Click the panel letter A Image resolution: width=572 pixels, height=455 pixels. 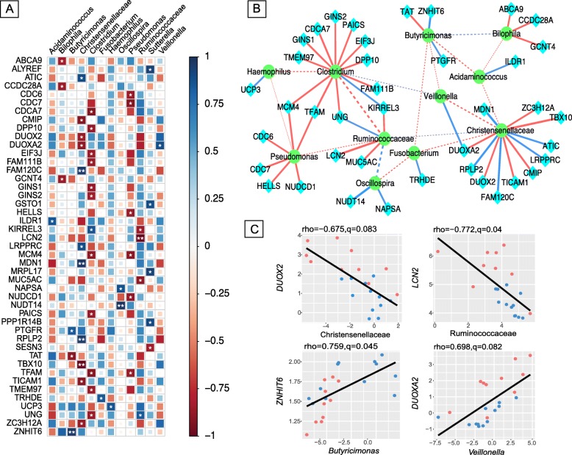[x=10, y=10]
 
